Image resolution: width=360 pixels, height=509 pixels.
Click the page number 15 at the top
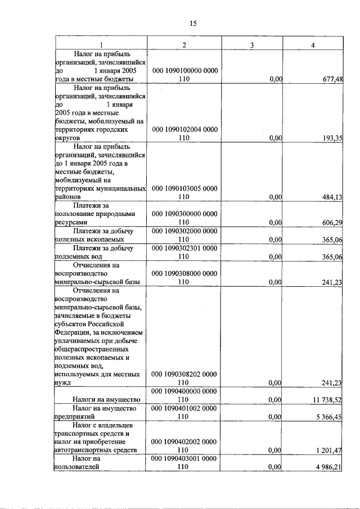(193, 23)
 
